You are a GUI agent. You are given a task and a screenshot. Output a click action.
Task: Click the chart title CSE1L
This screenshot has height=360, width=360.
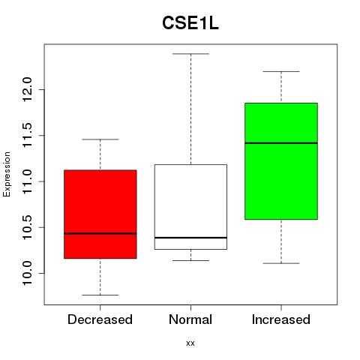pos(190,23)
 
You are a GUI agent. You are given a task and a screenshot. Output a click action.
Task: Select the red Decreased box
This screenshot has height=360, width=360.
pos(100,214)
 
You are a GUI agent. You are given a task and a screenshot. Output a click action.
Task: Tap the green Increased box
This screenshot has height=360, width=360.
pos(281,161)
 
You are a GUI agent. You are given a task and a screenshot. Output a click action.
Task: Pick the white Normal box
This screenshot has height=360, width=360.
pos(190,207)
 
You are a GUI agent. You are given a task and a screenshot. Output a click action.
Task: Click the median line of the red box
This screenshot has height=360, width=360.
pos(100,233)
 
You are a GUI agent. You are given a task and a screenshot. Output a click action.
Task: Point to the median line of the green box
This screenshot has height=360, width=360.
pos(281,143)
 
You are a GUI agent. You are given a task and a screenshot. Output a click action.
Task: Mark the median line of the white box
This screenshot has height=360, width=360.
pos(190,238)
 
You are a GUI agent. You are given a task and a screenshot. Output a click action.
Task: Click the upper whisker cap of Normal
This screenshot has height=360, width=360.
pos(190,54)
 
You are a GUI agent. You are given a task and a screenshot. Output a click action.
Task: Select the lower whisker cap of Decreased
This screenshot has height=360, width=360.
pos(100,295)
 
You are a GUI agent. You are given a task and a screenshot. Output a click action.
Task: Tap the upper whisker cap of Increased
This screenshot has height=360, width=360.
pos(281,72)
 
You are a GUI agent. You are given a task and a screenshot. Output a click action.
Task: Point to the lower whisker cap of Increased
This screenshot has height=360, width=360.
pos(281,263)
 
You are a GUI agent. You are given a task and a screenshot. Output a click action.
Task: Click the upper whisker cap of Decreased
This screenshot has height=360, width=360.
pos(100,139)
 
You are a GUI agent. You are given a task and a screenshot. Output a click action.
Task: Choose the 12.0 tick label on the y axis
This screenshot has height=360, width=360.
pos(27,89)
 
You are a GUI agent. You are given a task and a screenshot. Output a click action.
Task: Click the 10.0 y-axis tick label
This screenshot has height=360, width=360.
pos(27,273)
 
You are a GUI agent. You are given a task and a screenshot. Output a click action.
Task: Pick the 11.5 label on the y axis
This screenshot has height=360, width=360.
pos(27,135)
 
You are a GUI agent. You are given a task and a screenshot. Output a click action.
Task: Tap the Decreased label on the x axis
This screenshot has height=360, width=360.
pos(100,319)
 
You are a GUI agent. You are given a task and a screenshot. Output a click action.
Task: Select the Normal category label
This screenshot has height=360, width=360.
pos(190,319)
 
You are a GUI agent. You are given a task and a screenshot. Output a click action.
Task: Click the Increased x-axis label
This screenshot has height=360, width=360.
pos(281,319)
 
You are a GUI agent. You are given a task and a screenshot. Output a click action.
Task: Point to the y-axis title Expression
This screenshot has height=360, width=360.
pos(7,174)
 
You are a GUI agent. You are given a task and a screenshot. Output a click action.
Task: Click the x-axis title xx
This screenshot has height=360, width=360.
pos(190,343)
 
